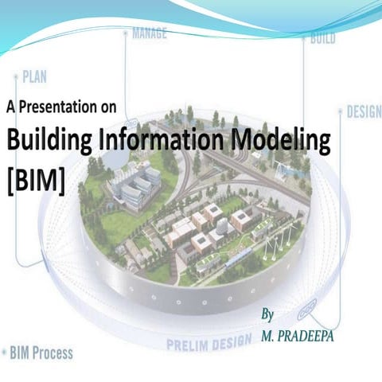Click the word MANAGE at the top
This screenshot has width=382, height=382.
[149, 35]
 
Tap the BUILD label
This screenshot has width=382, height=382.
[321, 37]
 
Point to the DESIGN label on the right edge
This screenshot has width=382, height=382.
[364, 111]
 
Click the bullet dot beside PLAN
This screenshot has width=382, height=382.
[15, 77]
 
